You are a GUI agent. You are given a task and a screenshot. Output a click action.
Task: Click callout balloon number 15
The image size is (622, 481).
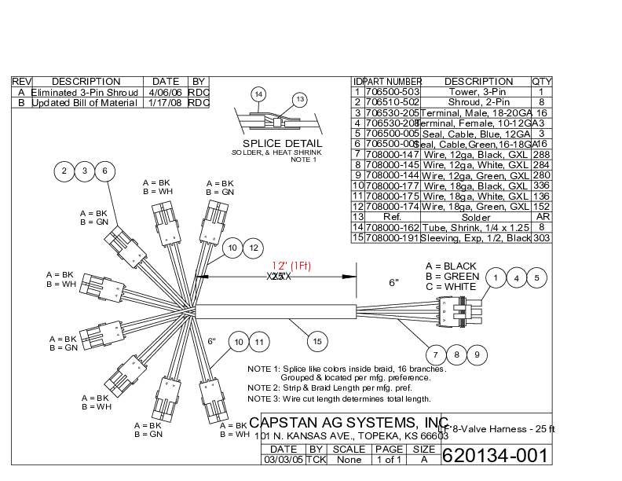point(317,342)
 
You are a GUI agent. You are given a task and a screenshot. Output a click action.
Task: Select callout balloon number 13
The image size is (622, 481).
point(299,99)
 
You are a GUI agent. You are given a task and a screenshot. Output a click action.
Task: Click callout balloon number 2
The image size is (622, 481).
point(64,171)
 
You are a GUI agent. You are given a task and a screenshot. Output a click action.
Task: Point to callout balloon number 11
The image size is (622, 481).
point(260,342)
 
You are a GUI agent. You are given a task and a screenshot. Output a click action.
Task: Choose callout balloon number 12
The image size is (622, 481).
point(253,248)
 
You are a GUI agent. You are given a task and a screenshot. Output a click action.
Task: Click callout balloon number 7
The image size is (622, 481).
point(437,355)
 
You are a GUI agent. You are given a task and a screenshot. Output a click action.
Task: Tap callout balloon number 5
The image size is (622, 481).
point(536,277)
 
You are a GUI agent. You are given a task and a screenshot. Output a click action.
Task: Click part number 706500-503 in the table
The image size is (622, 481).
point(393,92)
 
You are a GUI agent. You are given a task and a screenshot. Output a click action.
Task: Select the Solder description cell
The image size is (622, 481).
point(476,216)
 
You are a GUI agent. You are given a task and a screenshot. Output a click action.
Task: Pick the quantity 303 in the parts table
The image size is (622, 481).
point(542,237)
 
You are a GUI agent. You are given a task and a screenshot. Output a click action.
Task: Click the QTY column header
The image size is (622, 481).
point(542,82)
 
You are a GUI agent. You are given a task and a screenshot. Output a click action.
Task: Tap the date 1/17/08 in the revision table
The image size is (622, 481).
point(166,103)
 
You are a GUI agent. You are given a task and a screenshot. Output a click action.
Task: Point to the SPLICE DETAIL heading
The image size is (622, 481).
point(282,144)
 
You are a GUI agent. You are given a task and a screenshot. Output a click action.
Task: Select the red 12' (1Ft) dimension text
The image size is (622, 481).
point(291,266)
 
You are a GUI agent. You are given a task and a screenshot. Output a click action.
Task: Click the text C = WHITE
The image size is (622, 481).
point(451,287)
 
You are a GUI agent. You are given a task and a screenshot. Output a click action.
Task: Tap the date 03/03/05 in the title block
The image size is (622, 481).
point(283,460)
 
